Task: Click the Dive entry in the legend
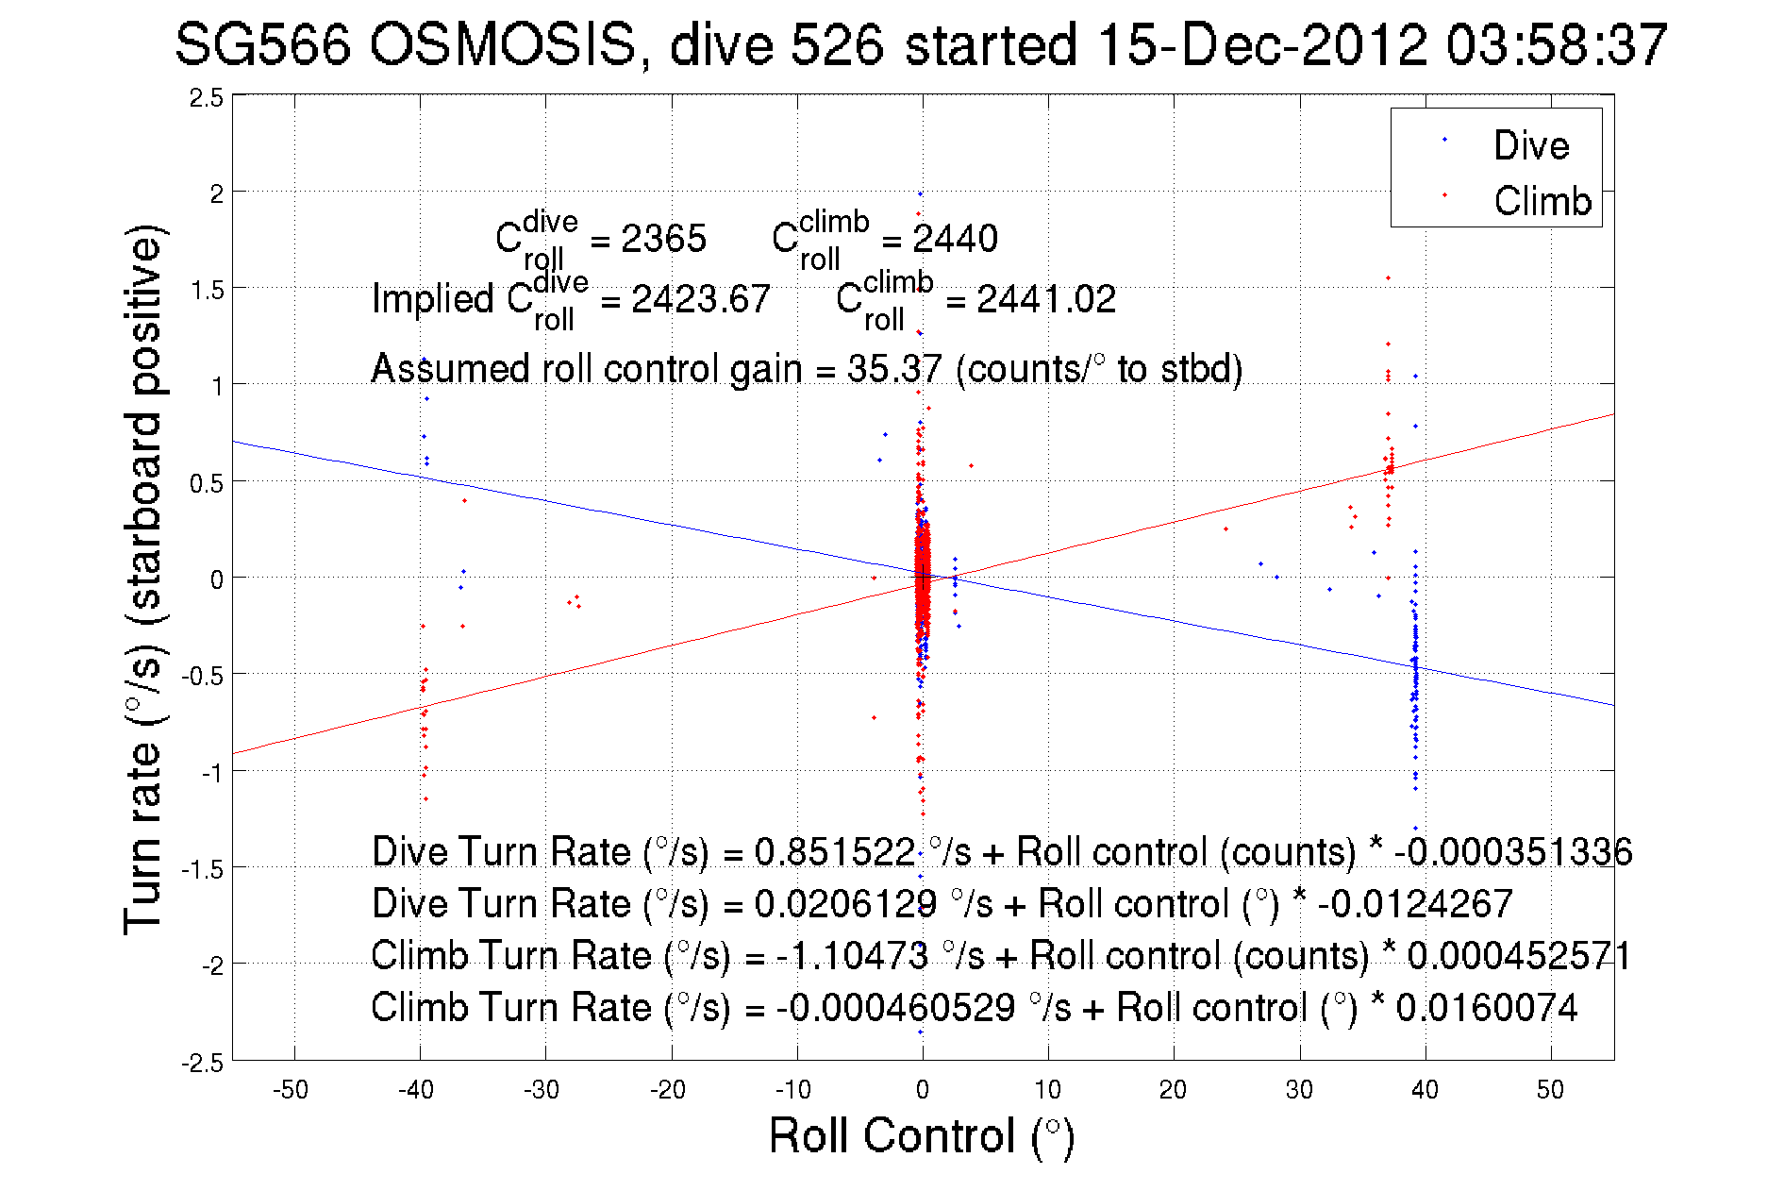(1530, 145)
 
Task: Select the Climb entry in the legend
(1542, 201)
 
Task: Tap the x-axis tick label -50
(291, 1090)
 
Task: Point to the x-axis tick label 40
(1425, 1090)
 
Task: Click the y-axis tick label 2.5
(207, 98)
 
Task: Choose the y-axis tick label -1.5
(203, 869)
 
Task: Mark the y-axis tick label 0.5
(207, 484)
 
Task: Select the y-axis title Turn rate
(143, 579)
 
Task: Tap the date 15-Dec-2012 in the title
(1261, 45)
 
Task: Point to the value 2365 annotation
(663, 239)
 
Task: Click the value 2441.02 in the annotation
(1045, 300)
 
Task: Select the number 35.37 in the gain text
(893, 369)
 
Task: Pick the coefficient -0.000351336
(1512, 852)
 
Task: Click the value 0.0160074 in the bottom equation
(1486, 1008)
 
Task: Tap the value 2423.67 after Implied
(700, 300)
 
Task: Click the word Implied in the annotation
(433, 299)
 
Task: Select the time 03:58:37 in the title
(1557, 45)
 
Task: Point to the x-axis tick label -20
(668, 1090)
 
